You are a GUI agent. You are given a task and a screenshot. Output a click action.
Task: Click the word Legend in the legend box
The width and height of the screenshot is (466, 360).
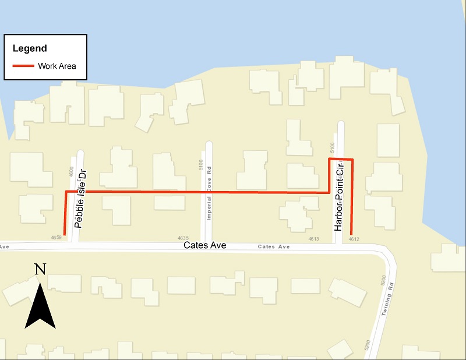tap(30, 48)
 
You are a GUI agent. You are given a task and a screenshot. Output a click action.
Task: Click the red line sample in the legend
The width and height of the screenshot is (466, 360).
tap(23, 66)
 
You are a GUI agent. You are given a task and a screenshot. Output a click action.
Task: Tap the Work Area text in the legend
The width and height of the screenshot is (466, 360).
tap(57, 66)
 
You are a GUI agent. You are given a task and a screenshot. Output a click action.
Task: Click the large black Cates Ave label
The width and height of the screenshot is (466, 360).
tap(204, 246)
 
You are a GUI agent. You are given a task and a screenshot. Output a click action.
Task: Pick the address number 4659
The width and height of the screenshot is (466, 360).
tap(57, 238)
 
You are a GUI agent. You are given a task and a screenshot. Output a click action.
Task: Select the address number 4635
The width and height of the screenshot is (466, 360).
tap(183, 238)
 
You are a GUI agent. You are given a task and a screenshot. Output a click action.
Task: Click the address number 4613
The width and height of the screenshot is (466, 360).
tap(313, 238)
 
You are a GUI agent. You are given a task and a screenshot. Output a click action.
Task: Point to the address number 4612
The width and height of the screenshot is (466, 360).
tap(354, 238)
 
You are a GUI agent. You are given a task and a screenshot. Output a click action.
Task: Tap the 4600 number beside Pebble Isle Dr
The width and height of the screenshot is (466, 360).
tap(70, 171)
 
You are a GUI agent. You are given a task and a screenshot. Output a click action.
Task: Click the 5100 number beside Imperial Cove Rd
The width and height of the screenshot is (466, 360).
tap(201, 165)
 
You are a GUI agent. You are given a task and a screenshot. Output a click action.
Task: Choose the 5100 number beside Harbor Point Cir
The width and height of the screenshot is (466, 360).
tap(332, 146)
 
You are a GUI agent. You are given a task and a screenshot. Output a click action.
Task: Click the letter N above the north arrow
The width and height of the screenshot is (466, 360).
tap(40, 269)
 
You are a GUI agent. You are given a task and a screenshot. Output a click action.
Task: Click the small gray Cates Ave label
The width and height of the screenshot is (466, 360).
tap(274, 247)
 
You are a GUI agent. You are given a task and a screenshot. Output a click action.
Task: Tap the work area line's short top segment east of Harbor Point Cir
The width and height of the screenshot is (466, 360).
tap(341, 159)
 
